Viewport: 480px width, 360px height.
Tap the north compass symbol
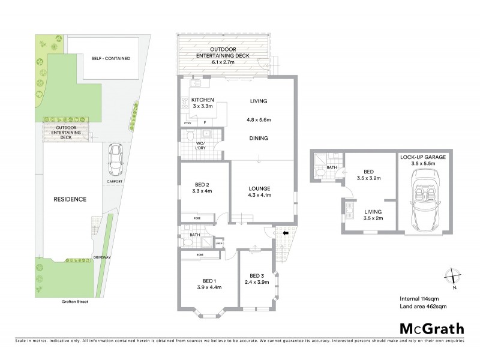[x=453, y=277]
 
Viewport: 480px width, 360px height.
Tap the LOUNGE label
[x=260, y=188]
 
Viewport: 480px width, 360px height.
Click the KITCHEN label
[x=202, y=100]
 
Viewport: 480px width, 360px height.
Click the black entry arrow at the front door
[x=285, y=233]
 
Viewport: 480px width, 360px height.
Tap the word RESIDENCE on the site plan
[x=70, y=199]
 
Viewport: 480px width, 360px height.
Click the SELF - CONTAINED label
[x=110, y=58]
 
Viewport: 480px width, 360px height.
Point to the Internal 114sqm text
[x=420, y=298]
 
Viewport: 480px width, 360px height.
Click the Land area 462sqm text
[x=423, y=306]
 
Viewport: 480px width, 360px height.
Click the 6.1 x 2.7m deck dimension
[x=225, y=61]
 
